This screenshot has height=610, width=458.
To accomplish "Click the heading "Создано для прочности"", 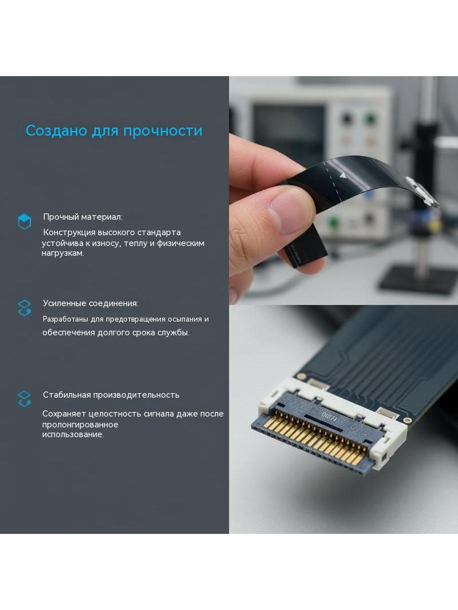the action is (x=114, y=131).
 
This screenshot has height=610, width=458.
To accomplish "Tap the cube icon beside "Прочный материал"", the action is (x=25, y=221).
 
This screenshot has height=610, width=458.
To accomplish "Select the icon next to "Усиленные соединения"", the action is (x=25, y=308).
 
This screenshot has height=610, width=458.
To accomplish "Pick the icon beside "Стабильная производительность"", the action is (x=25, y=399).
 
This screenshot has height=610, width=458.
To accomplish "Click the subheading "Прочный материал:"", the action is (x=82, y=217).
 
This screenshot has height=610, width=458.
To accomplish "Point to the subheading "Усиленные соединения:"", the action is (x=90, y=303).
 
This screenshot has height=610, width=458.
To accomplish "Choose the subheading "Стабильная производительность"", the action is (x=111, y=395).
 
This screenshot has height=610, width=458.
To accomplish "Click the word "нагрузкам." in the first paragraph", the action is (x=62, y=253).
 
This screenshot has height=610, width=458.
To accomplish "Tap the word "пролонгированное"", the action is (x=80, y=425).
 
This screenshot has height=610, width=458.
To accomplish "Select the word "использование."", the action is (x=73, y=434).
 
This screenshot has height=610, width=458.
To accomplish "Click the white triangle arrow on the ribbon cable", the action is (x=342, y=175).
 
